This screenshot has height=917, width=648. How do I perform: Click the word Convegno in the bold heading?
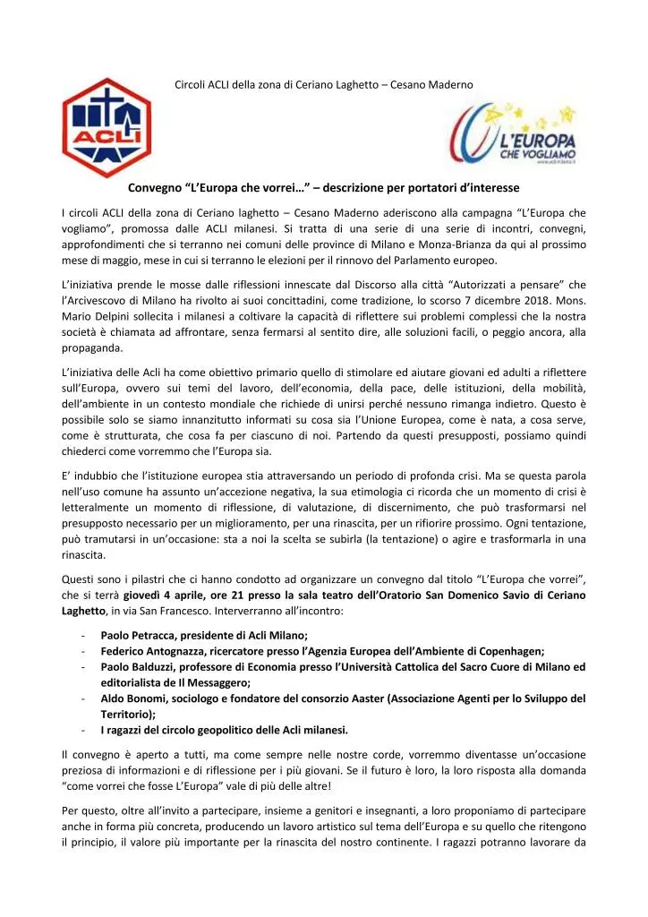tap(154, 187)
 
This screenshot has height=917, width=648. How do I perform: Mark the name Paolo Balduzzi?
tap(139, 666)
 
